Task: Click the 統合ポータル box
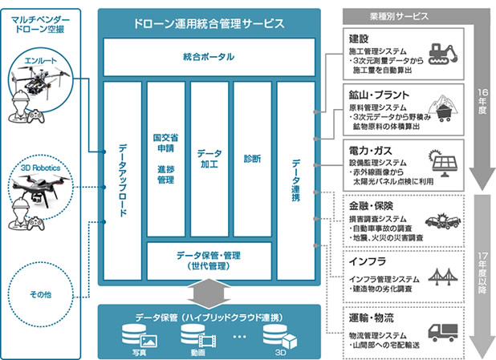click(x=209, y=57)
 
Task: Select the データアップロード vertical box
click(x=123, y=180)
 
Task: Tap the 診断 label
click(x=253, y=159)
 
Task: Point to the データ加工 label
click(x=209, y=159)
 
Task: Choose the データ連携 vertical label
click(x=296, y=180)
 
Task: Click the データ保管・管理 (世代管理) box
click(x=209, y=261)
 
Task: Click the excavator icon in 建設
click(x=444, y=55)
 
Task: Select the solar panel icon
click(x=442, y=163)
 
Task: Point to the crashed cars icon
click(x=443, y=220)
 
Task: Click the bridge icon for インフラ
click(x=443, y=277)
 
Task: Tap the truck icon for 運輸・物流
click(x=443, y=333)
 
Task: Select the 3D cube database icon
click(x=280, y=336)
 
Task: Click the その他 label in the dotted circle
click(x=40, y=294)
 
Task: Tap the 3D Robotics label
click(x=40, y=168)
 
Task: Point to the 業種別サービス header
click(x=399, y=16)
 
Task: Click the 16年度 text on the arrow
click(x=482, y=101)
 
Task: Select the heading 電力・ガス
click(x=371, y=151)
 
